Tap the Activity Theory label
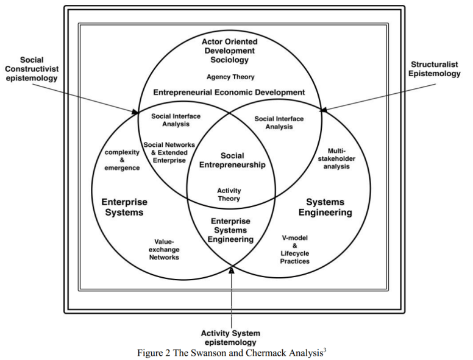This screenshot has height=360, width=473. point(229,195)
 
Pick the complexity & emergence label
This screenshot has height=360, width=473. point(122,160)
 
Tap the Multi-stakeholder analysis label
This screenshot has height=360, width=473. point(336,158)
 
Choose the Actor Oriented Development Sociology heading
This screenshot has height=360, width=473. point(230,51)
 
